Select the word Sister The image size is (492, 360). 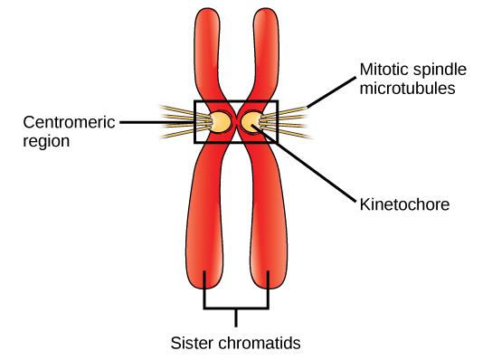pyautogui.click(x=192, y=343)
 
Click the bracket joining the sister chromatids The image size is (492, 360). pyautogui.click(x=237, y=308)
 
